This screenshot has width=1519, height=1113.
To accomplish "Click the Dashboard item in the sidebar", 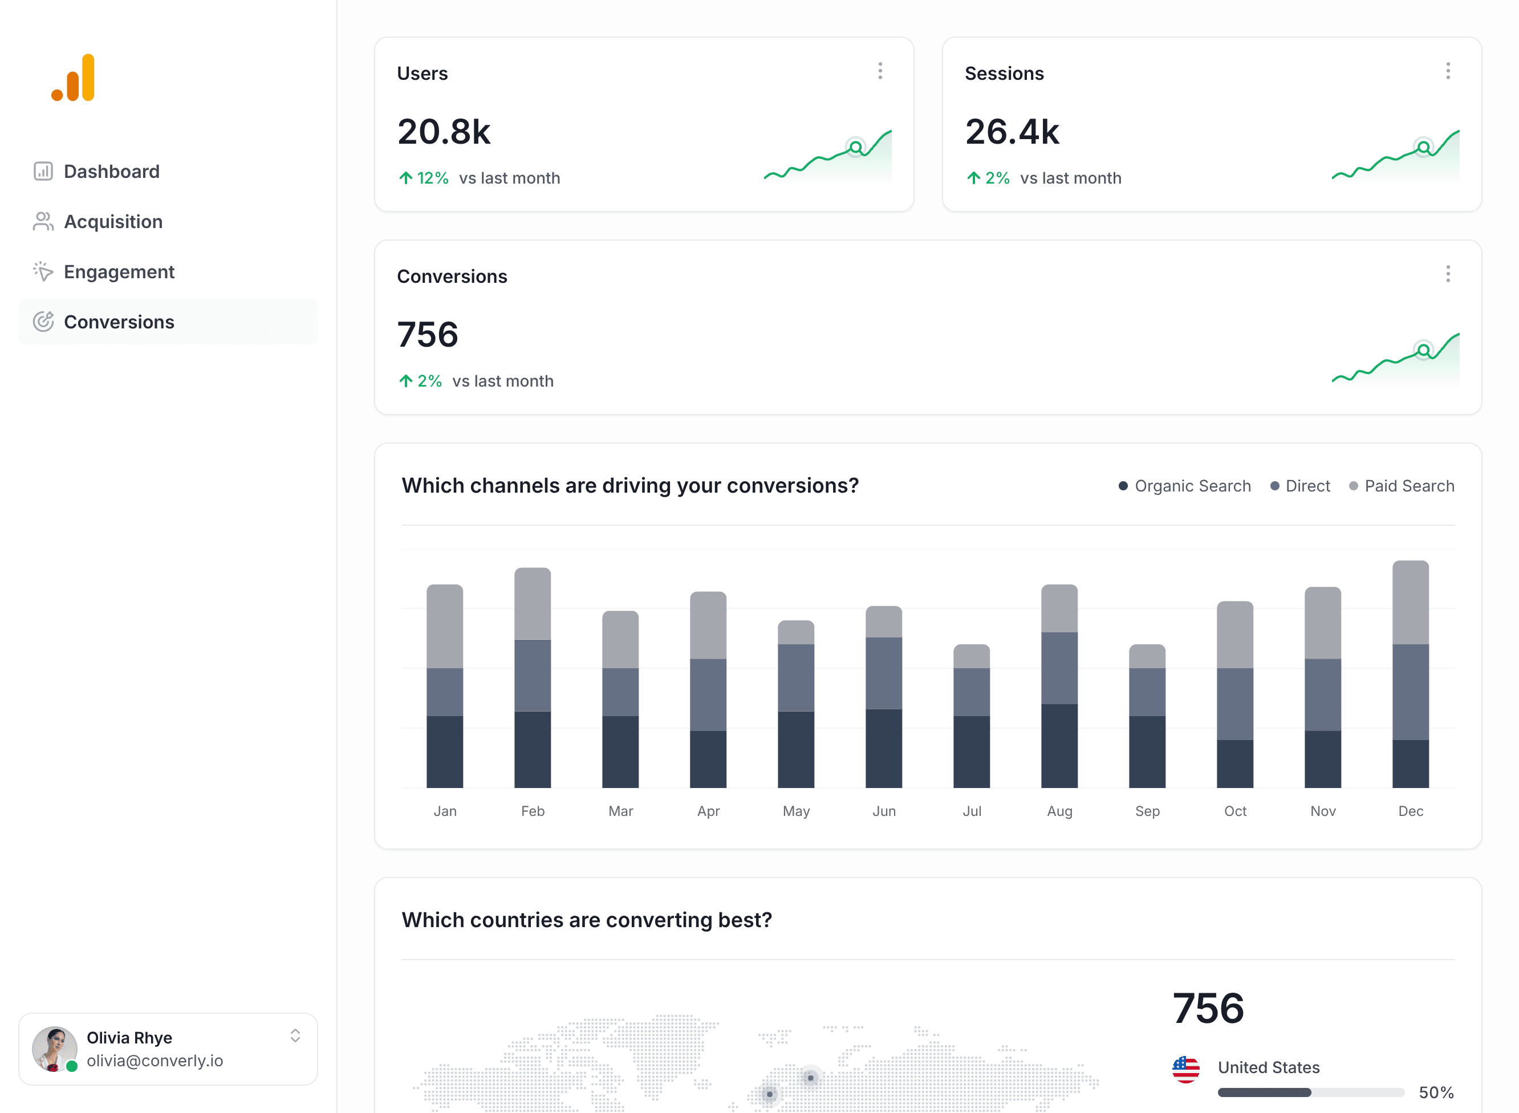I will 111,171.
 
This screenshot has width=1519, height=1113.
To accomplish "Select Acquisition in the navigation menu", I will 112,222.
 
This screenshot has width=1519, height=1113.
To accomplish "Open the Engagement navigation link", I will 119,271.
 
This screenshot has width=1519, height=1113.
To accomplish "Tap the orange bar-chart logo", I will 74,78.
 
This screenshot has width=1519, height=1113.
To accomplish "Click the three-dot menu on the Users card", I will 880,71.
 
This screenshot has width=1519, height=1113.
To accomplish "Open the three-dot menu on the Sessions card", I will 1448,71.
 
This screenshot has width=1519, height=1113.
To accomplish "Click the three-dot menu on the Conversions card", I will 1448,274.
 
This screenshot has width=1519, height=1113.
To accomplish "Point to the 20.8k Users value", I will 444,132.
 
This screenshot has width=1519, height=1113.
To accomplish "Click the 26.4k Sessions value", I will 1012,132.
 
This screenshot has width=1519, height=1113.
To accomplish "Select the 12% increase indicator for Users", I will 424,178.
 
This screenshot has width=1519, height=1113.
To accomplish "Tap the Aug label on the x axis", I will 1059,811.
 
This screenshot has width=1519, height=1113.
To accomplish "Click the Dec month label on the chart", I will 1411,811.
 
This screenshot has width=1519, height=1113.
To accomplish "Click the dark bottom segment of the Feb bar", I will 532,749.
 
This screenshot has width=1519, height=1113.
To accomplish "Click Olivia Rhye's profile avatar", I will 54,1049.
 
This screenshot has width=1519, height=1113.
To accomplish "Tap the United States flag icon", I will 1185,1069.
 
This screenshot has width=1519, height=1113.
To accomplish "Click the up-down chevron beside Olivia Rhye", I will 295,1035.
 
